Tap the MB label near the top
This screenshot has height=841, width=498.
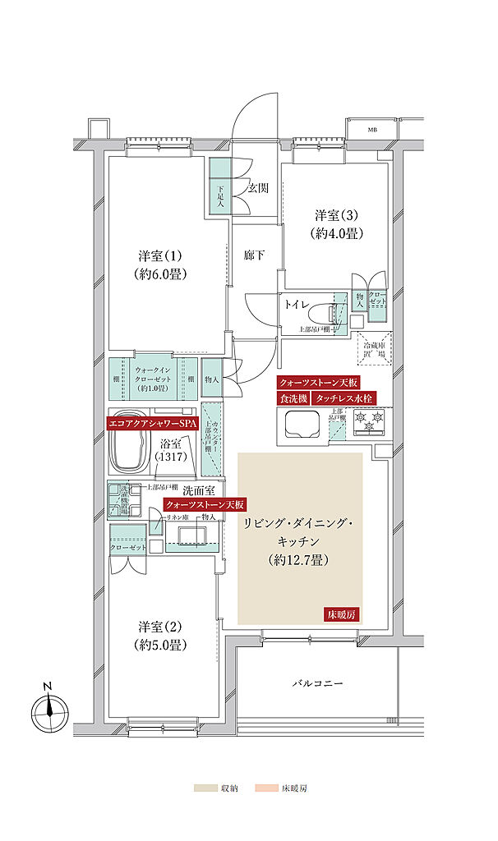point(372,130)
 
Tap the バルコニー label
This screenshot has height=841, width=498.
point(316,683)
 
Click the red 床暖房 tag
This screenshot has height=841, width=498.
point(342,615)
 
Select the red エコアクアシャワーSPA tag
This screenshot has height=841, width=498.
point(153,425)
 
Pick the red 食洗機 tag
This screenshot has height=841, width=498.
point(292,398)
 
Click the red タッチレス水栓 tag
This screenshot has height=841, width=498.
point(344,398)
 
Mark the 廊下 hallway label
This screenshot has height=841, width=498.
point(253,255)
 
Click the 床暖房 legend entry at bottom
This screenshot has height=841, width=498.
point(282,788)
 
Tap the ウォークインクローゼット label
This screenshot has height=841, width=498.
point(152,379)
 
